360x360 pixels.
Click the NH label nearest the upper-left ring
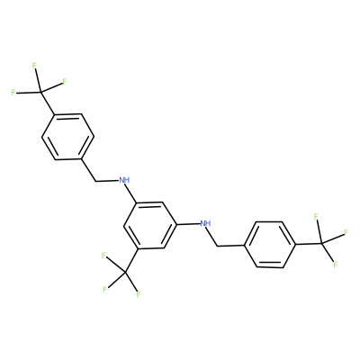tap(124, 180)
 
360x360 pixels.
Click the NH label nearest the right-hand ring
tap(205, 223)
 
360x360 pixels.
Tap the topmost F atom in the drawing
tap(34, 66)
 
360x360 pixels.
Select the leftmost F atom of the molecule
tap(13, 93)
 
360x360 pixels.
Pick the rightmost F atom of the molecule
tap(346, 232)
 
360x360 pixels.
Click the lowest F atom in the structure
tap(138, 294)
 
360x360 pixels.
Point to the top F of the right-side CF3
tap(316, 216)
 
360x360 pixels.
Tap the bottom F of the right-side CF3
tap(336, 265)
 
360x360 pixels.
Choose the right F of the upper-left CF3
tap(64, 81)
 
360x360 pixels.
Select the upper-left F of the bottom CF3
tap(103, 256)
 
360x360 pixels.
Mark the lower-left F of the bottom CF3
tap(104, 290)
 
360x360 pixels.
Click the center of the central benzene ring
tap(150, 225)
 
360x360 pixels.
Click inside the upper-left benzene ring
tap(67, 137)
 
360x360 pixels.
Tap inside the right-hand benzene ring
tap(269, 244)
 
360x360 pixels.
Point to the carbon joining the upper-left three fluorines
tap(41, 92)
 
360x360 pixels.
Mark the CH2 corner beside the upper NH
tap(95, 182)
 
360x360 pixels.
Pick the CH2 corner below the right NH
tap(217, 247)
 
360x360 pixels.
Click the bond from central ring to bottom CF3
tap(130, 260)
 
